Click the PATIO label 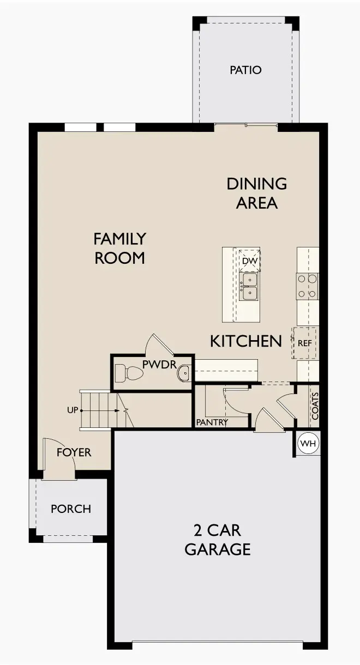pyautogui.click(x=245, y=70)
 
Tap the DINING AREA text pyautogui.click(x=256, y=193)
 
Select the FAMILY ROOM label pyautogui.click(x=120, y=248)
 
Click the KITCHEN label pyautogui.click(x=246, y=341)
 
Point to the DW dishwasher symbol pyautogui.click(x=249, y=261)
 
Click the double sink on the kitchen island pyautogui.click(x=249, y=286)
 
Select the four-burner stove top pyautogui.click(x=307, y=286)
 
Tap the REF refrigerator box pyautogui.click(x=304, y=343)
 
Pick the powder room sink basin pyautogui.click(x=184, y=373)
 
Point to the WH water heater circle pyautogui.click(x=308, y=444)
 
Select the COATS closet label pyautogui.click(x=315, y=407)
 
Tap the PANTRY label pyautogui.click(x=212, y=422)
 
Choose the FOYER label pyautogui.click(x=74, y=452)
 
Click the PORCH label pyautogui.click(x=71, y=509)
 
